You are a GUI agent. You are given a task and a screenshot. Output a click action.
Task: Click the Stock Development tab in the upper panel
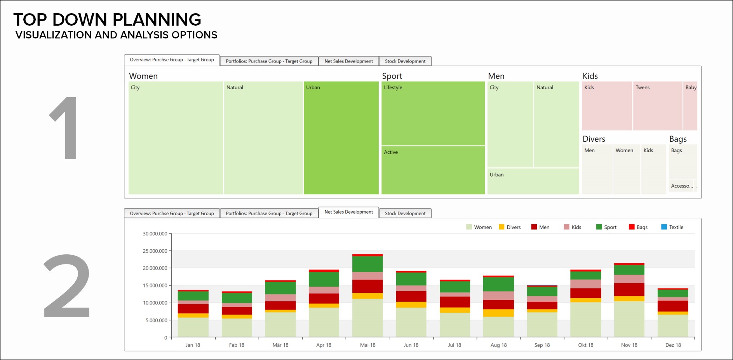point(405,61)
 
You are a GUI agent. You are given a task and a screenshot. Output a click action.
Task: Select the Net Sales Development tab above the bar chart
point(348,212)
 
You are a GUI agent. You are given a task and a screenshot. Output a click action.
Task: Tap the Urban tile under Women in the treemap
point(341,138)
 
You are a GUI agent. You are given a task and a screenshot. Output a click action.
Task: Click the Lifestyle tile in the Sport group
point(433,113)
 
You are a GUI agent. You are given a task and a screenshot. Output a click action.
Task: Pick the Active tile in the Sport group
point(433,170)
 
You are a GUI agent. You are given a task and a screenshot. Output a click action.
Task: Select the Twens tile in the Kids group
point(657,106)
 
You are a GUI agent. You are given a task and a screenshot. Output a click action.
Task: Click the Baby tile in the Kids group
point(690,106)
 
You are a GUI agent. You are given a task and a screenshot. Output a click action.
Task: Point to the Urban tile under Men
point(533,181)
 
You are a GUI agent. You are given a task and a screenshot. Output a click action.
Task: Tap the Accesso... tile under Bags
point(681,186)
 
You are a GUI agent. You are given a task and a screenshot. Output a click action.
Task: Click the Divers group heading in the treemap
point(594,139)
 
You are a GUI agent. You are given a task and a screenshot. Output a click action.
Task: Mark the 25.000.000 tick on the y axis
point(155,251)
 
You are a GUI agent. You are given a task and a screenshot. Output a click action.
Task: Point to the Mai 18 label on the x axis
point(367,345)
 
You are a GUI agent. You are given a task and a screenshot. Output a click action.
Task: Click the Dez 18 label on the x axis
point(673,345)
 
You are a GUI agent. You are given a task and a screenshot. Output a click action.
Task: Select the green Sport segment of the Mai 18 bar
point(367,264)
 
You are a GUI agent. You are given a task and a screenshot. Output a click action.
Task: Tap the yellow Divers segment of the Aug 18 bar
point(498,313)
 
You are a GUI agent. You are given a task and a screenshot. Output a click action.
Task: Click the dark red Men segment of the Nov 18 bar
point(629,289)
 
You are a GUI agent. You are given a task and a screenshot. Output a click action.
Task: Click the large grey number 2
point(67,286)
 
